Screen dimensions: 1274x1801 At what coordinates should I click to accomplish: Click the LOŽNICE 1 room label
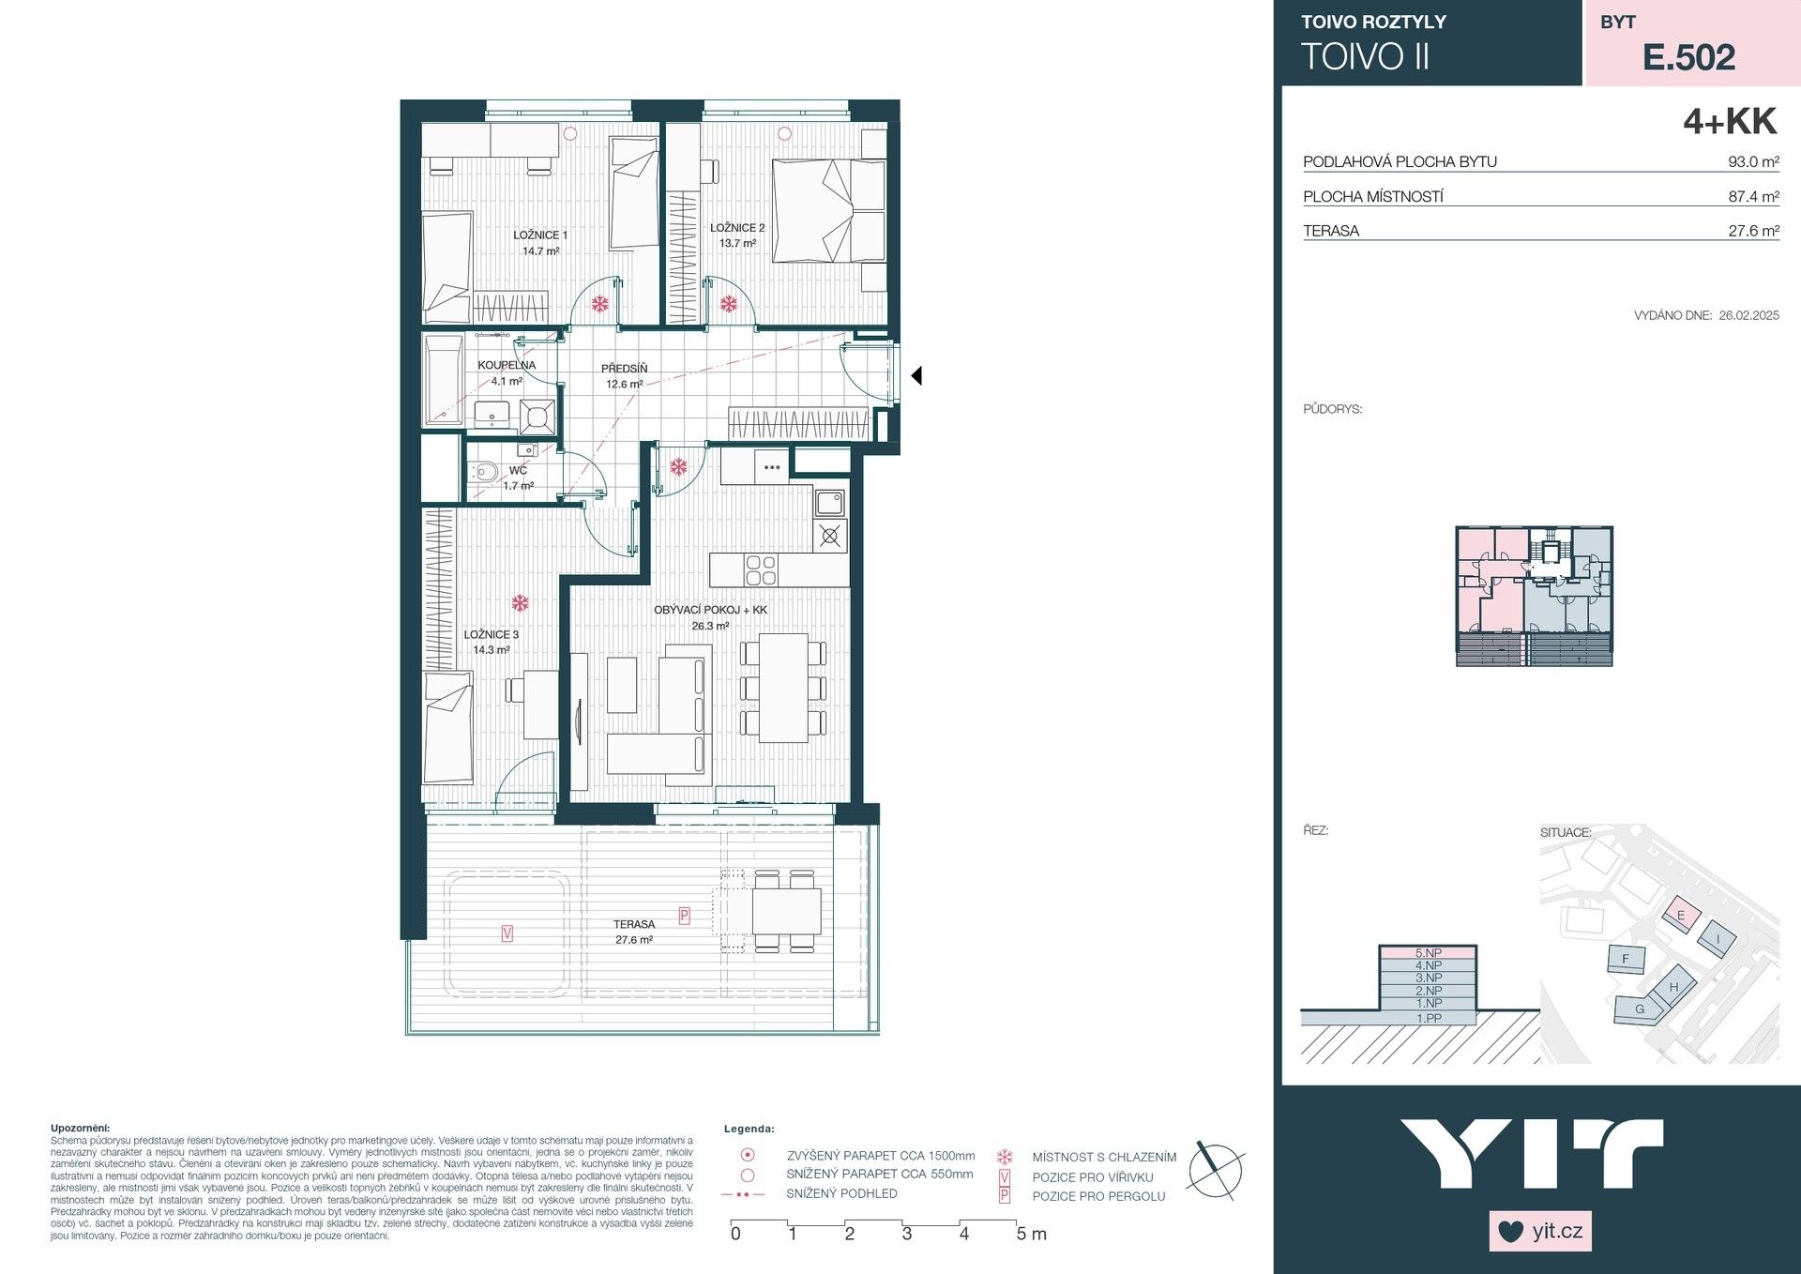540,235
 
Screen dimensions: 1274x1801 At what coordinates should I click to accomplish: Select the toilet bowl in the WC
484,471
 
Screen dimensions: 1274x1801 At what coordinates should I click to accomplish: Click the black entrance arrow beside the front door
916,375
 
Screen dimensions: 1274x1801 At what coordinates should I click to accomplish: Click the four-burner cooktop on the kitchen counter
760,569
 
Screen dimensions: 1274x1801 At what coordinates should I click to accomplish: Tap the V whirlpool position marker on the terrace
507,933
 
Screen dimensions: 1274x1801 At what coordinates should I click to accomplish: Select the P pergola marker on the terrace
684,916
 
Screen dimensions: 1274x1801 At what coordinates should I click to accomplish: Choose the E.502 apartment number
1688,57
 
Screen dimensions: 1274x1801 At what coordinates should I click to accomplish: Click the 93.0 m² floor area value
1753,161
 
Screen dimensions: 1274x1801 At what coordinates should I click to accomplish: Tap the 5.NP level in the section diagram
1428,953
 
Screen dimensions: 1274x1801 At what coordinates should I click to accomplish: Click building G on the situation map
1640,1009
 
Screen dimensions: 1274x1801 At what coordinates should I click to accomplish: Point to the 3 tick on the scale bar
906,1232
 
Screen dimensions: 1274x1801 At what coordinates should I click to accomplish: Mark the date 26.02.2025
1748,316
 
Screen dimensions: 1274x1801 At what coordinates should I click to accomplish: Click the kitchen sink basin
829,503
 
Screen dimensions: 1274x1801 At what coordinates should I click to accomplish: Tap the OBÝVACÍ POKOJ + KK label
710,610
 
